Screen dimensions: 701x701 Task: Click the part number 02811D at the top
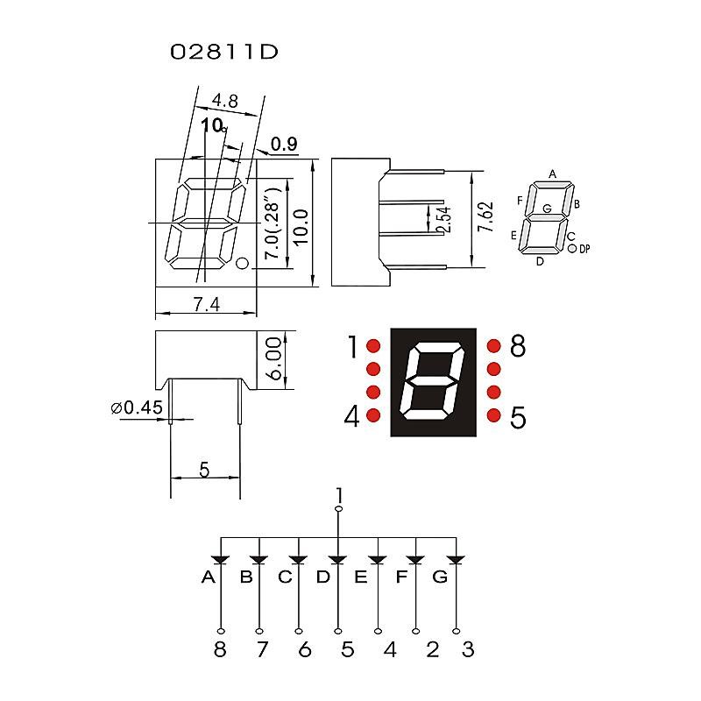pos(224,52)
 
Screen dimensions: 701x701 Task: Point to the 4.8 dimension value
pos(225,101)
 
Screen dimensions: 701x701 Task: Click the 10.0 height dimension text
pos(301,227)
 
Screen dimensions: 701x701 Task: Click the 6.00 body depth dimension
pos(275,358)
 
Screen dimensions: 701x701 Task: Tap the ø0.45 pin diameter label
pos(138,407)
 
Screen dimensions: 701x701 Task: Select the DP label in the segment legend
pos(584,250)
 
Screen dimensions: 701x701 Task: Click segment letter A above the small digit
pos(552,173)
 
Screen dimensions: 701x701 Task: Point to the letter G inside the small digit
pos(547,209)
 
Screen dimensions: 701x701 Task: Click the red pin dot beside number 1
pos(372,346)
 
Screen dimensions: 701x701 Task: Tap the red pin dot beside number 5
pos(493,414)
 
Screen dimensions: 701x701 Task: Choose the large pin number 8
pos(517,347)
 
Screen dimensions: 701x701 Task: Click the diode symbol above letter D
pos(338,559)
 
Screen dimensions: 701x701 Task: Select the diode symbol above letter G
pos(455,559)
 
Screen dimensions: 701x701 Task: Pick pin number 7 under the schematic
pos(259,649)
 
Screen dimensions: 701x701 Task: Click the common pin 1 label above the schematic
pos(339,496)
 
